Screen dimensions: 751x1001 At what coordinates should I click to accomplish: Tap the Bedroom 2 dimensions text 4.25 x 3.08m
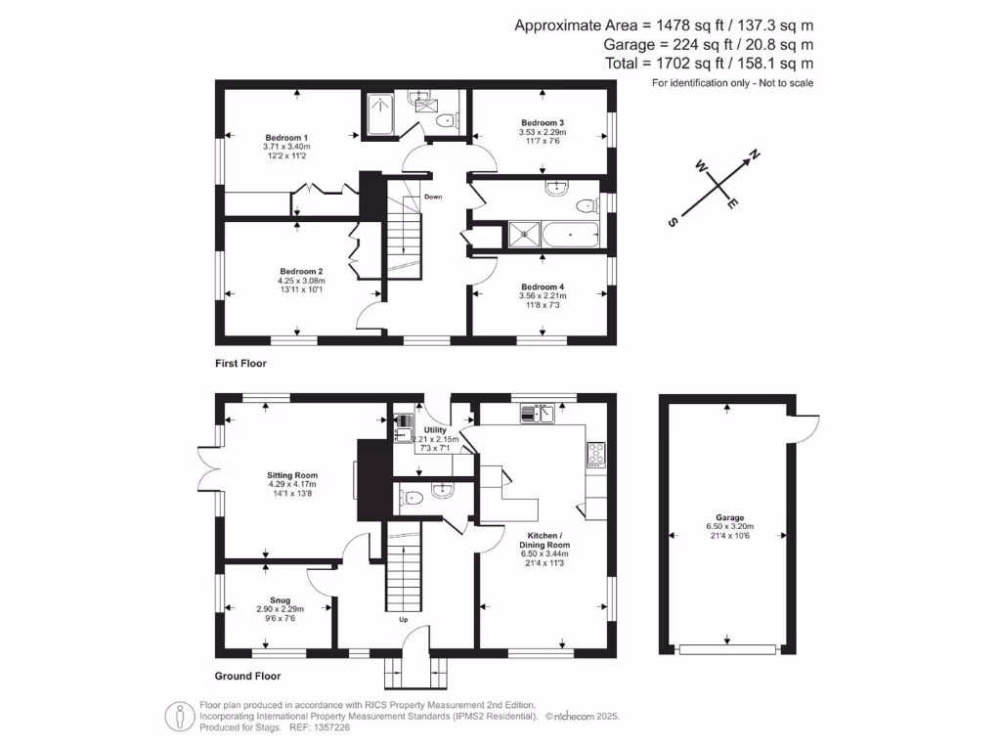point(300,281)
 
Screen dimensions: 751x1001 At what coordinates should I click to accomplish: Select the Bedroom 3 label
point(542,122)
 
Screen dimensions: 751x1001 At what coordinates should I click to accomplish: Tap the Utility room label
point(435,429)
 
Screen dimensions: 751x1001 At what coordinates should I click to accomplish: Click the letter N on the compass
point(755,154)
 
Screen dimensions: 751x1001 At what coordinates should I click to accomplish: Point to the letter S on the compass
point(673,222)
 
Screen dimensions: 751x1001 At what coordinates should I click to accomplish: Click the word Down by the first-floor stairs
point(433,197)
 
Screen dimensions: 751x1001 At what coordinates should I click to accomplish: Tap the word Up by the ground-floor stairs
point(402,620)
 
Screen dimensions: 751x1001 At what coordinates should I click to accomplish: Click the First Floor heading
point(240,363)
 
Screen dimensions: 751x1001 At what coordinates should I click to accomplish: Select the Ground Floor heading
point(247,676)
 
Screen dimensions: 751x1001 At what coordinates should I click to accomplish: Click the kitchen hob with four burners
point(595,453)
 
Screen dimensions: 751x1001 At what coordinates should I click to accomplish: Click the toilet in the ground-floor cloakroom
point(411,498)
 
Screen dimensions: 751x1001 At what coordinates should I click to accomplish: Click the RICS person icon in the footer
point(180,716)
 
